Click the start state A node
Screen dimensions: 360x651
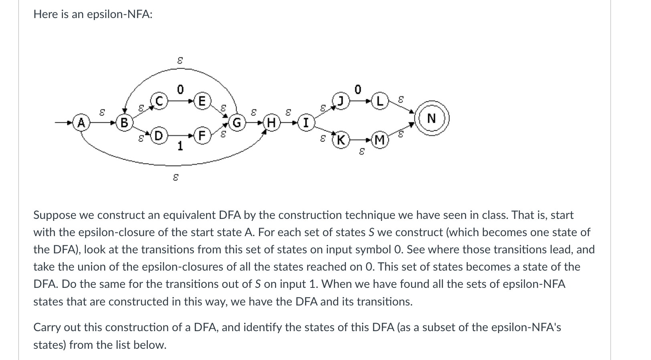click(81, 122)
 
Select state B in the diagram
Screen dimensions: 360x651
click(124, 122)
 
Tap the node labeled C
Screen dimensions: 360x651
click(159, 101)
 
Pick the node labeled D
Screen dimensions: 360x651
click(159, 136)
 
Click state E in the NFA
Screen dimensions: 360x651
click(202, 101)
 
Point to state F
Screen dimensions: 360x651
click(202, 136)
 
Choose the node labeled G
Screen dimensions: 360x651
click(237, 122)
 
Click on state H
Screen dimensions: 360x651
click(271, 122)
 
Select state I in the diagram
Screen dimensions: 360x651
click(306, 122)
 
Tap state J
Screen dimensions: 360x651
click(341, 101)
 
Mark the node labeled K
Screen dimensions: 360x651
click(341, 140)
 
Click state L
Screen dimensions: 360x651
click(380, 101)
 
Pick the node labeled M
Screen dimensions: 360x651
click(380, 140)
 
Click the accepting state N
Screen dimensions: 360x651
click(432, 119)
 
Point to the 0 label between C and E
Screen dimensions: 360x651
click(180, 89)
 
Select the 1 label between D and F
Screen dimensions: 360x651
click(180, 146)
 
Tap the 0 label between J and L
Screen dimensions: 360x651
click(358, 89)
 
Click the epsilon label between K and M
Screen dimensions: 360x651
click(361, 152)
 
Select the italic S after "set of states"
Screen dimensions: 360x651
click(372, 233)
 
